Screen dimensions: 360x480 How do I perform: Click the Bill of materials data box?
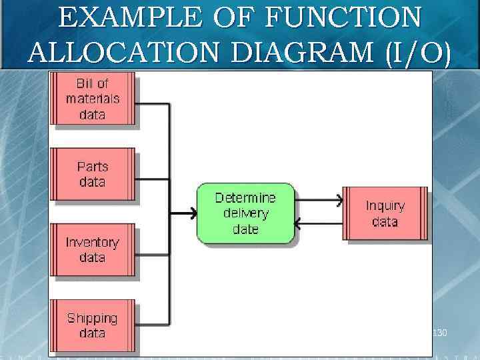[94, 99]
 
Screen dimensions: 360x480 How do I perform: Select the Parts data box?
[94, 174]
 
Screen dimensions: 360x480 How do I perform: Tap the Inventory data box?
[94, 250]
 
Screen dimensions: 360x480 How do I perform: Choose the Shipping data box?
[94, 325]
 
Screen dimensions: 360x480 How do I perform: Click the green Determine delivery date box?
[245, 213]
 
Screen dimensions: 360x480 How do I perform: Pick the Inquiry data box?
[385, 213]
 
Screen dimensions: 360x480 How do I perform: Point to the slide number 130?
[440, 331]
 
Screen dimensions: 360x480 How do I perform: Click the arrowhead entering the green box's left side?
[193, 213]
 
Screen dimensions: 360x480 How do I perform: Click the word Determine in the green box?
[245, 198]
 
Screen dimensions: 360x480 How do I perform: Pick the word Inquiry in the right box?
[385, 206]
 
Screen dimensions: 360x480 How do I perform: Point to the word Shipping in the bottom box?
[92, 318]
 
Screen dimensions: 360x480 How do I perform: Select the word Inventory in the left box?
[92, 243]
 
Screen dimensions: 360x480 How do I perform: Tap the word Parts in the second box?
[92, 167]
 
